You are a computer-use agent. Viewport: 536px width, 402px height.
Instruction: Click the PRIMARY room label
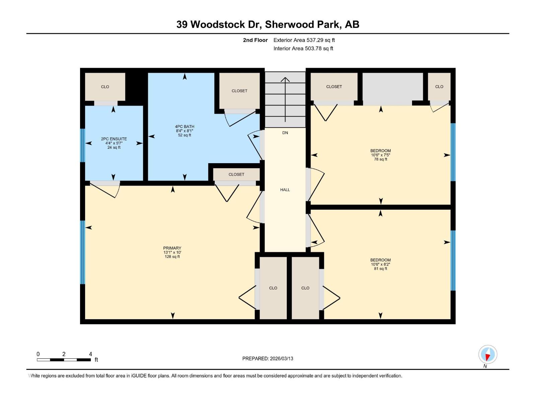[x=172, y=248]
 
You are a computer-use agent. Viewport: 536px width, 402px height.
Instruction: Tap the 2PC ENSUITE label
[x=114, y=139]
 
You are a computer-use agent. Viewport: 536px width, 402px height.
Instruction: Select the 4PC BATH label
[x=185, y=127]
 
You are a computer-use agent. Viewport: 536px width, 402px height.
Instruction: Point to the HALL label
[x=285, y=190]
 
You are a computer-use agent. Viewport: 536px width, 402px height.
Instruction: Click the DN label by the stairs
[x=285, y=133]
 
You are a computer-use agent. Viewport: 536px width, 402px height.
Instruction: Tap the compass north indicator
[x=488, y=355]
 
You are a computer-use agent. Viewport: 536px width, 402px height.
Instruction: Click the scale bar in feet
[x=64, y=360]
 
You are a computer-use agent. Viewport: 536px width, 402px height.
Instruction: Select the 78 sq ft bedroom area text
[x=381, y=159]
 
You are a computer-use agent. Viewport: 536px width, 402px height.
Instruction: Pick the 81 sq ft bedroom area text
[x=381, y=269]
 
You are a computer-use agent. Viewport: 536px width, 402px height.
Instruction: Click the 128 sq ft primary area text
[x=172, y=257]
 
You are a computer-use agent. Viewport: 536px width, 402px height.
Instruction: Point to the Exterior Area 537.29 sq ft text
[x=304, y=40]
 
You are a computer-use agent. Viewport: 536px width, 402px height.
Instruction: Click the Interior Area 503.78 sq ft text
[x=303, y=49]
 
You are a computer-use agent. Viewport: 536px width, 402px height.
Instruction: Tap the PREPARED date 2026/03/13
[x=268, y=358]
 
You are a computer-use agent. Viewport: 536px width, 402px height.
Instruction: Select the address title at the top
[x=268, y=24]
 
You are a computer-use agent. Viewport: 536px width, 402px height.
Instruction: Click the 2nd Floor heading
[x=255, y=40]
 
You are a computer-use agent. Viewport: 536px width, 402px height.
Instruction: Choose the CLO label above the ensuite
[x=105, y=87]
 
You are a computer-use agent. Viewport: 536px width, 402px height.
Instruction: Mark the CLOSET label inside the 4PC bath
[x=240, y=91]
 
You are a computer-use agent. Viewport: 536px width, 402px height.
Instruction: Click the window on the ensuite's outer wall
[x=82, y=145]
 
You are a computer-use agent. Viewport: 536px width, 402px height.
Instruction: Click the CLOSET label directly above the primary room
[x=237, y=175]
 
